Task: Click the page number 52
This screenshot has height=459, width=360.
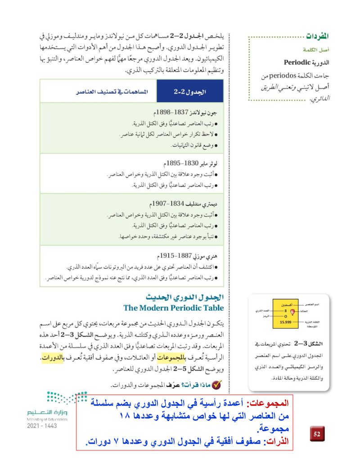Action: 316,434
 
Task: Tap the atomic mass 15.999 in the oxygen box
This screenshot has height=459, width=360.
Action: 284,323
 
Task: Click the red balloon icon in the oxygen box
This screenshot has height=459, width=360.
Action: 292,312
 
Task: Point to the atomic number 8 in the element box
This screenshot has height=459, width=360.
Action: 284,311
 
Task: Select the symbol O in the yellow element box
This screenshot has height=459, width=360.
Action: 284,317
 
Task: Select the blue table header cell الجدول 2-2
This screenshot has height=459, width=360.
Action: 189,91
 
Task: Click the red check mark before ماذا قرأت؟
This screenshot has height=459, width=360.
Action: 217,385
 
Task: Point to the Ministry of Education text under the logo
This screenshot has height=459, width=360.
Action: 47,419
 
